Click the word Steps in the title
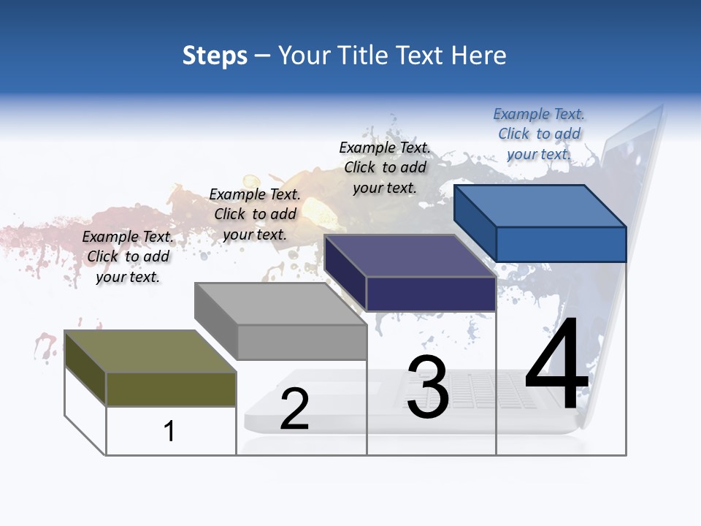tap(215, 56)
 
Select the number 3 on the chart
tap(427, 387)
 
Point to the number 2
tap(294, 409)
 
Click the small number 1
tap(169, 431)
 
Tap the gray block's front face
tap(302, 342)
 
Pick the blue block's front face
tap(561, 244)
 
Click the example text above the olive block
tap(128, 256)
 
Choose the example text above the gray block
tap(255, 214)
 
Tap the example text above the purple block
tap(385, 167)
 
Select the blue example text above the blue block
tap(539, 134)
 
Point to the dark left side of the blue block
tap(475, 222)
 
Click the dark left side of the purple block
tap(345, 272)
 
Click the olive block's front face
tap(171, 389)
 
